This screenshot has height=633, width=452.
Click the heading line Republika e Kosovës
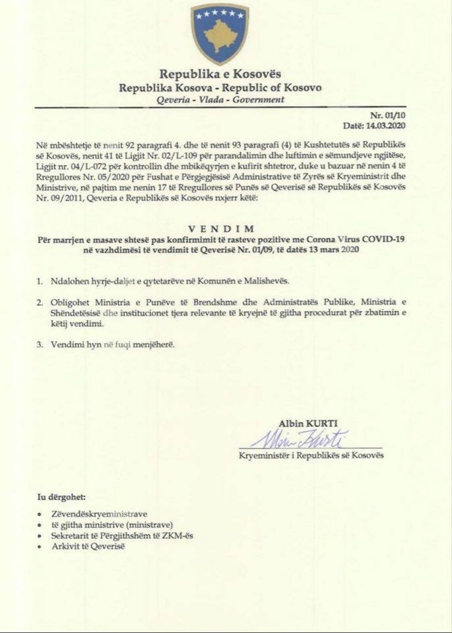point(220,74)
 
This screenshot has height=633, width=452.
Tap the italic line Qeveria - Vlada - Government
point(220,100)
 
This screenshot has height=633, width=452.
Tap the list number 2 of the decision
point(41,302)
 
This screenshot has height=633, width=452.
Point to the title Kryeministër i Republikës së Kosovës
point(311,456)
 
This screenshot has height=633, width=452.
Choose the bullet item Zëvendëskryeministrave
point(99,514)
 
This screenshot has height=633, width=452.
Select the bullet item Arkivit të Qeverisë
point(88,547)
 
